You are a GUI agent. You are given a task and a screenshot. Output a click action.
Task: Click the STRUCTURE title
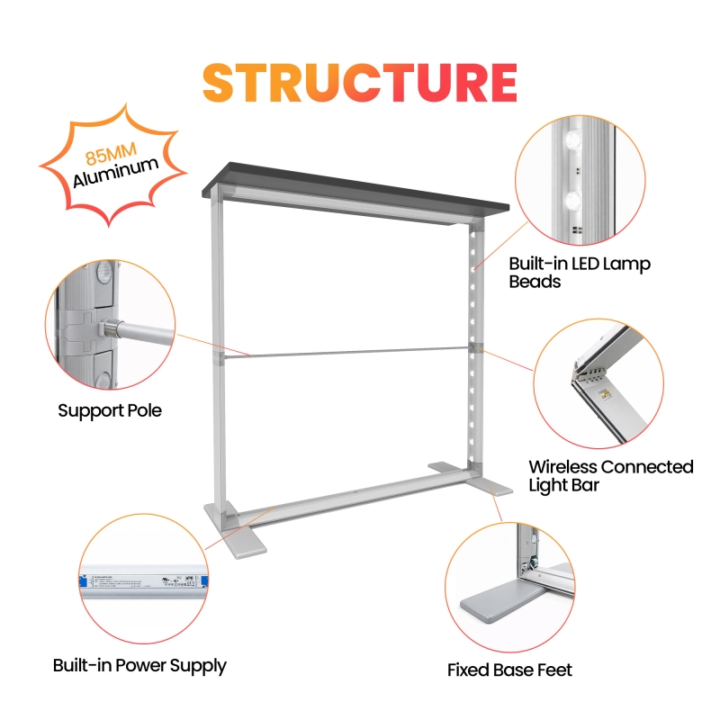360,82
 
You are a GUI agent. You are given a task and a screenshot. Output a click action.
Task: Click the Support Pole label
110,410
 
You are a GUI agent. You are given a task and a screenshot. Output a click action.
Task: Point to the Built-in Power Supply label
139,666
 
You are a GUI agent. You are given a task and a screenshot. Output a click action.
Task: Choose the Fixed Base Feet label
509,670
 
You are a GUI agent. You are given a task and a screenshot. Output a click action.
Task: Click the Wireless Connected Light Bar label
611,475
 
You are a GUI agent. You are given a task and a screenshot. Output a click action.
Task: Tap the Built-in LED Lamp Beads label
580,273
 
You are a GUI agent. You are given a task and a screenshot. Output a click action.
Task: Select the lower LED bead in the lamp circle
573,199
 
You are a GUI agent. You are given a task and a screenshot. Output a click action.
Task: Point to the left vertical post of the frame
218,360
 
